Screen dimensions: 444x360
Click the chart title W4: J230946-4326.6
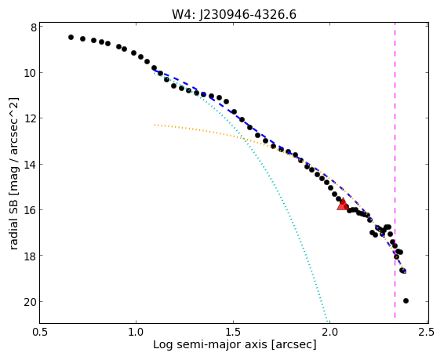pos(234,14)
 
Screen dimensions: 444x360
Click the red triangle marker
pos(343,205)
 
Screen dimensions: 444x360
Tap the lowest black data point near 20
pos(406,300)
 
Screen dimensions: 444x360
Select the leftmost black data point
pos(71,38)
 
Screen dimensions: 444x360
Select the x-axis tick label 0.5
pos(40,332)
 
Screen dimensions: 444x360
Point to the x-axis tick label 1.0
pos(136,332)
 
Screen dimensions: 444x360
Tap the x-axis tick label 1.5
pos(233,332)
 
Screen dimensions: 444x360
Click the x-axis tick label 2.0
pos(330,332)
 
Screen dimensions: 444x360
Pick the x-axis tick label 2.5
pos(427,332)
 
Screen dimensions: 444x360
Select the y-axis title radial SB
pos(13,223)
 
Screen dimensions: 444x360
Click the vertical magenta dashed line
pos(395,173)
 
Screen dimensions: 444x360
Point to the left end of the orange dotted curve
pos(155,125)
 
